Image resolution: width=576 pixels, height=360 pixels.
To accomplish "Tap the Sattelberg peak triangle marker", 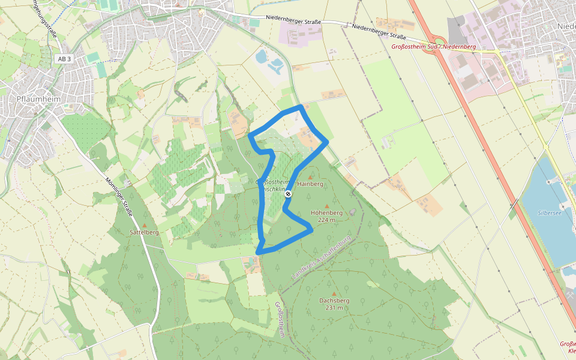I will click(144, 225).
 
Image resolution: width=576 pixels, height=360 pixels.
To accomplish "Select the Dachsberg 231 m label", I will click(334, 304).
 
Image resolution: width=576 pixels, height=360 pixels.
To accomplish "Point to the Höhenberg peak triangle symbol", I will click(327, 206).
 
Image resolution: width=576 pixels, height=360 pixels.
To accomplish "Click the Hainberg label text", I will click(310, 184).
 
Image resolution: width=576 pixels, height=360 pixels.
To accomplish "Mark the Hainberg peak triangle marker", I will click(310, 177).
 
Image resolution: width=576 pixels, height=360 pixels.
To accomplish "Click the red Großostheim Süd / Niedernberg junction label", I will click(433, 46).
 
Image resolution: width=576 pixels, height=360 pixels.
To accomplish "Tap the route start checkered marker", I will click(289, 193).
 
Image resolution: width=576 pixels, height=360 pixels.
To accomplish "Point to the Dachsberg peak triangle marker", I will click(334, 293).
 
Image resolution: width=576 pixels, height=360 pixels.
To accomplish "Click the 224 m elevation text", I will click(327, 220).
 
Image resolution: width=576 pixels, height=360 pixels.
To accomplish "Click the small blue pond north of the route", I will click(262, 57).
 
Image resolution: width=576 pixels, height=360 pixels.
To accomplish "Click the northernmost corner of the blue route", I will click(301, 107).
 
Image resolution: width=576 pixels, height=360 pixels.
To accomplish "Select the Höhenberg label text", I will click(327, 212).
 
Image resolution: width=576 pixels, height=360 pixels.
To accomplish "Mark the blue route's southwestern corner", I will click(259, 251).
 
